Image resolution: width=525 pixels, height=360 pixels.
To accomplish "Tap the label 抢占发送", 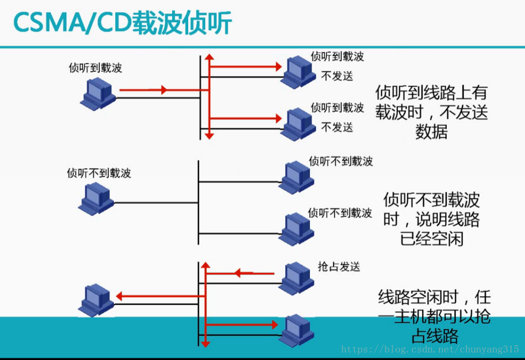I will (339, 267).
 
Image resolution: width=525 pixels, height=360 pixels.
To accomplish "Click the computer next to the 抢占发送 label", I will (296, 278).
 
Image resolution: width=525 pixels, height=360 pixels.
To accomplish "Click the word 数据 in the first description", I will (431, 131).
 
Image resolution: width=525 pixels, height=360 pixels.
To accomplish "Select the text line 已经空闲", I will (431, 238).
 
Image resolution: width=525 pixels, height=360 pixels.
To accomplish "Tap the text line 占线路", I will (434, 336).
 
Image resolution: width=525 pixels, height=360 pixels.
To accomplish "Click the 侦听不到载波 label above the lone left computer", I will (99, 173).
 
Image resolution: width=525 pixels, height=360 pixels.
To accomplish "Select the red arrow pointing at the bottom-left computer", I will (156, 296).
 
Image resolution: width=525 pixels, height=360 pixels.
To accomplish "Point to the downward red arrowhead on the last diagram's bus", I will (204, 342).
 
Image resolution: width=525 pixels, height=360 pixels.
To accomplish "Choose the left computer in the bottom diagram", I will (96, 300).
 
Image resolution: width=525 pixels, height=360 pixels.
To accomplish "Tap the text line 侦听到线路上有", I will (431, 92).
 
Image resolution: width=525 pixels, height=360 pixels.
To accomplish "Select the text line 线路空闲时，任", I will (434, 297).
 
